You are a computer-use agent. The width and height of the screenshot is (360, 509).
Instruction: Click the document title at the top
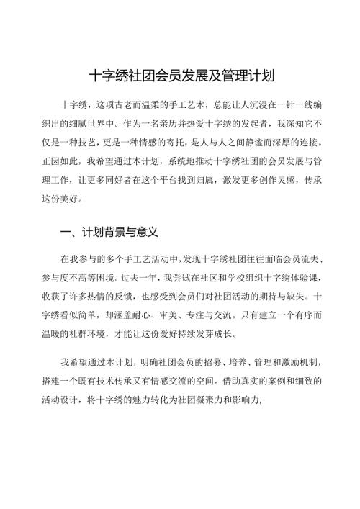pos(179,75)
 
